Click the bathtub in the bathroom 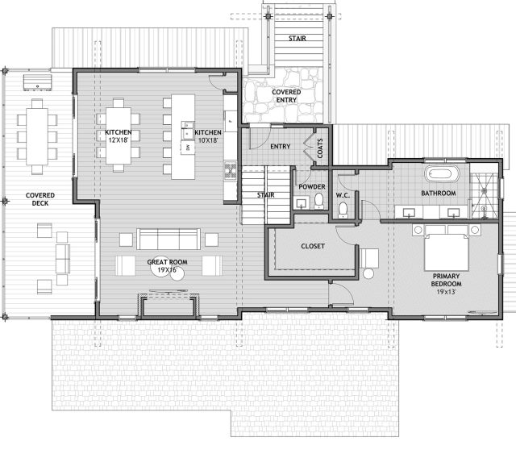pos(442,173)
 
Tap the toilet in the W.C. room pos(343,210)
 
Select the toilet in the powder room pos(318,201)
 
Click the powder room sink pos(302,203)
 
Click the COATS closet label pos(320,148)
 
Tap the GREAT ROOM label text pos(167,262)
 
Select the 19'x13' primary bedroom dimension pos(446,292)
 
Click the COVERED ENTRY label pos(286,96)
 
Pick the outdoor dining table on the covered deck pos(37,136)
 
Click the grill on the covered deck pos(37,82)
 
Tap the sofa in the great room pos(169,240)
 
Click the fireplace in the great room pos(169,306)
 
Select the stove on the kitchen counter pos(231,171)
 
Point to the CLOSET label pos(313,246)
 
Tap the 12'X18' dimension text pos(119,140)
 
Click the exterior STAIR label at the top pos(298,39)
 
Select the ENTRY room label pos(281,147)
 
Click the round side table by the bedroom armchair pos(368,273)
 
